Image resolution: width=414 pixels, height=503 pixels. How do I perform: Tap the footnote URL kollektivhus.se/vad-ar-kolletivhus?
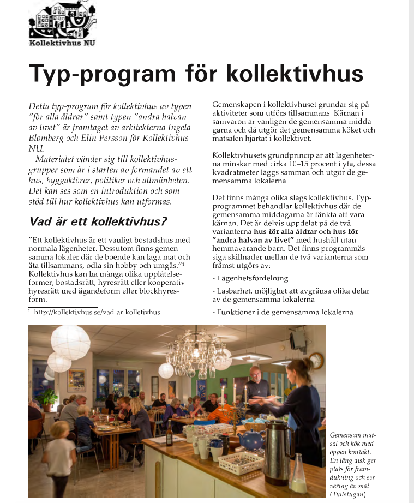[x=97, y=312]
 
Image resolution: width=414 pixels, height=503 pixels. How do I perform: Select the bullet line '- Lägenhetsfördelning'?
[x=250, y=278]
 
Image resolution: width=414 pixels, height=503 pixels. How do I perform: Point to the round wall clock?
[x=316, y=360]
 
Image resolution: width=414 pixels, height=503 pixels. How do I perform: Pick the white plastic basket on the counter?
[x=241, y=463]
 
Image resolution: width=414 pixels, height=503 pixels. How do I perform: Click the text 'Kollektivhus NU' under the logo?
[x=62, y=43]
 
